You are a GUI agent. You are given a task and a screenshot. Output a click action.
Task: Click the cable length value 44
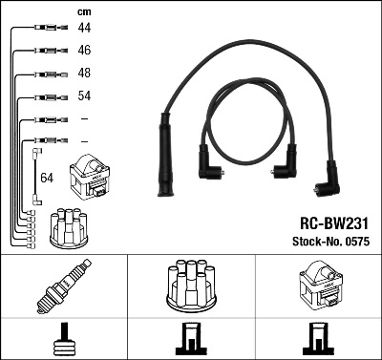click(84, 30)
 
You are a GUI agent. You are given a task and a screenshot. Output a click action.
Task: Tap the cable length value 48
click(84, 74)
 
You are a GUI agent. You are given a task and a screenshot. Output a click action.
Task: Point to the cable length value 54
click(84, 96)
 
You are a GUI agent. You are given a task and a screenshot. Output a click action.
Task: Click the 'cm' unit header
click(82, 11)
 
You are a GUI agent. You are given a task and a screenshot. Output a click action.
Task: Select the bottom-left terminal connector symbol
click(63, 338)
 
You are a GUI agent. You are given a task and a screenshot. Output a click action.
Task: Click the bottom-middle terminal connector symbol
click(190, 338)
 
